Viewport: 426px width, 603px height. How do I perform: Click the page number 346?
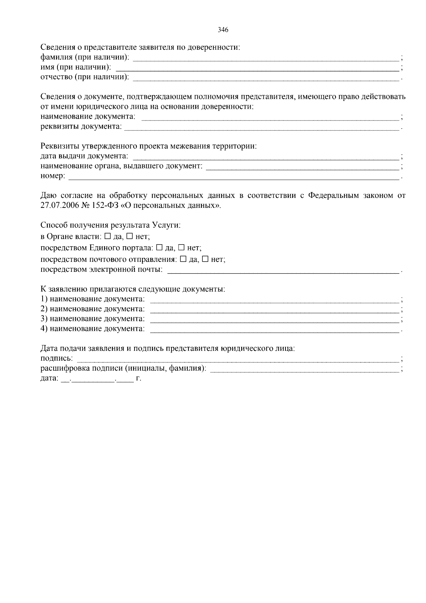click(223, 30)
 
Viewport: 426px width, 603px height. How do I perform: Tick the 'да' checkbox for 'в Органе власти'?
click(108, 236)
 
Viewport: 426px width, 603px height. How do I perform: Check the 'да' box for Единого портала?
click(159, 247)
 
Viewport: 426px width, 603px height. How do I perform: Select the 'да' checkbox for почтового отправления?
click(183, 259)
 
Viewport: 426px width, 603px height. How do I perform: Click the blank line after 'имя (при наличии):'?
click(257, 68)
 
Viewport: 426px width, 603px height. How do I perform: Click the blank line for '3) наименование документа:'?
click(275, 319)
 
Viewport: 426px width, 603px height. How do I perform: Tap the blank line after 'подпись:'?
click(238, 359)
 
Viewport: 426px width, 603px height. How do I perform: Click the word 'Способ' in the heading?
click(53, 225)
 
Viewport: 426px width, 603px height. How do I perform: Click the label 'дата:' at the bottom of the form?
click(49, 379)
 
